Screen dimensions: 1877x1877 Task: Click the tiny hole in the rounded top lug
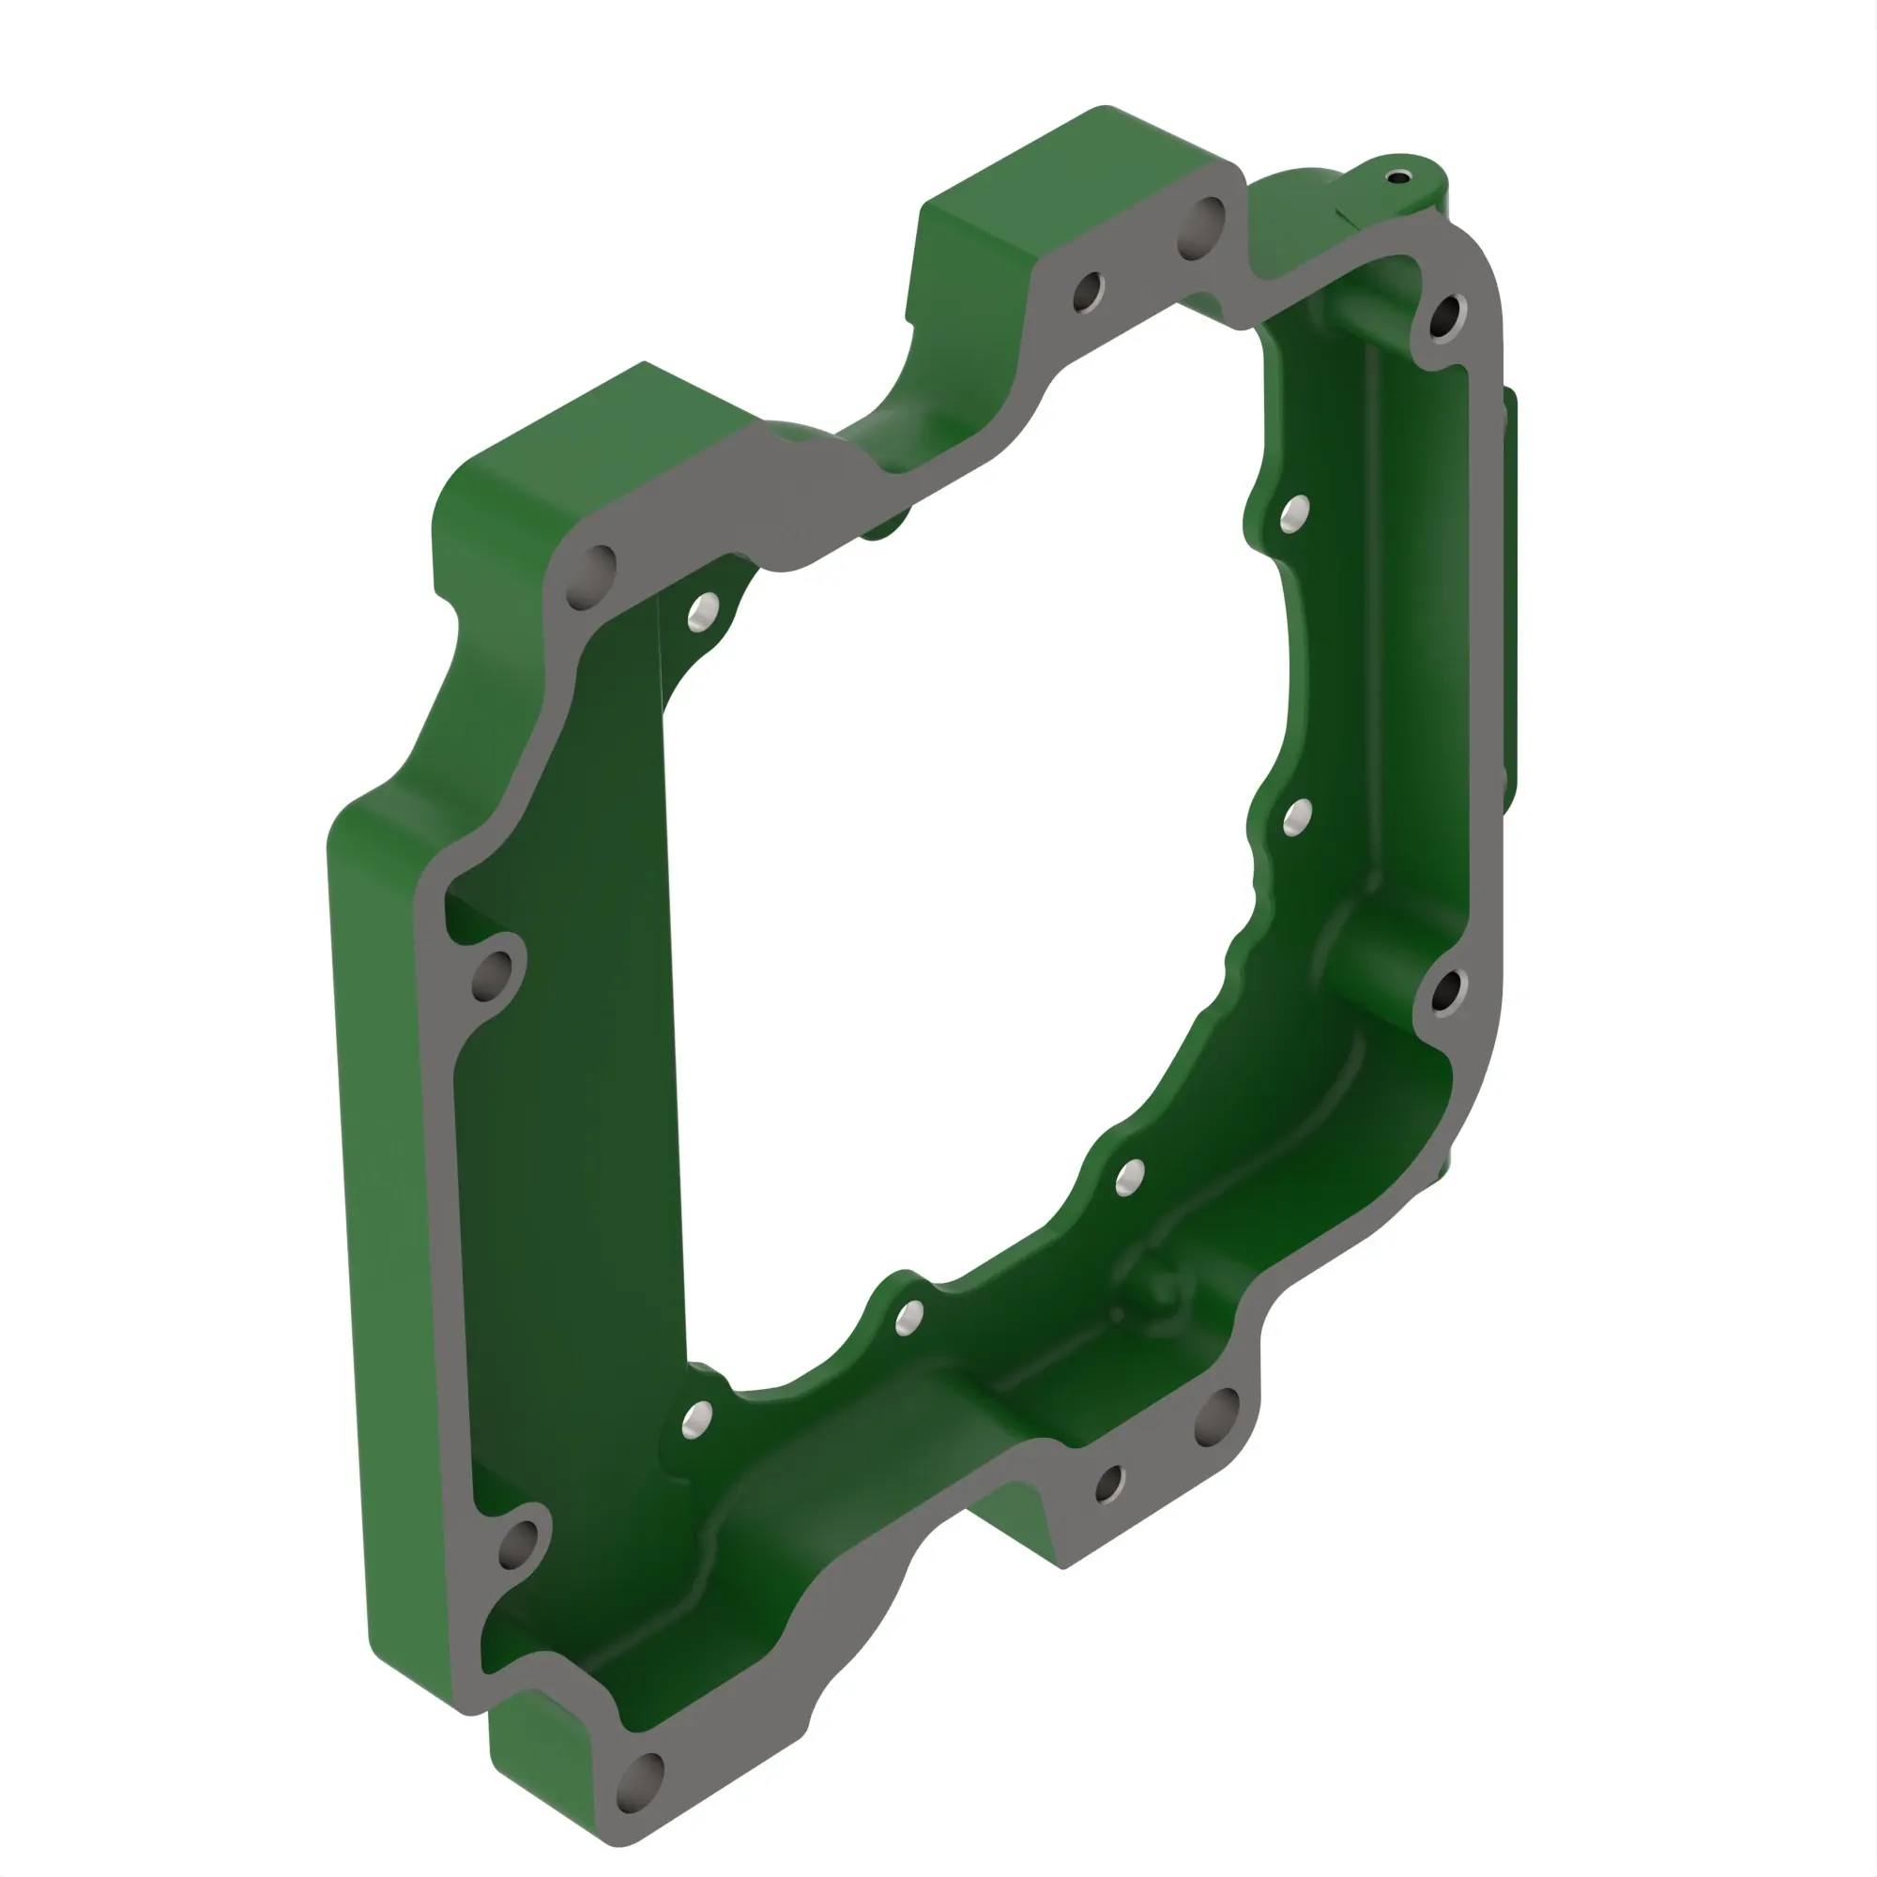tap(1397, 177)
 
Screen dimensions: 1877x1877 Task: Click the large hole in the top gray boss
tap(1205, 226)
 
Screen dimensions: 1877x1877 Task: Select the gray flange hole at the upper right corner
tap(1446, 315)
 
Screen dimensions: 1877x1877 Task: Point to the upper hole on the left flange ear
tap(493, 975)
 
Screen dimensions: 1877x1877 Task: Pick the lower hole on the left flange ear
tap(518, 1544)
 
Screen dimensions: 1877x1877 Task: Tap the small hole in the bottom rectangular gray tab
tap(1109, 1483)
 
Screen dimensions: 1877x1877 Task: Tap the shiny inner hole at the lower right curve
tap(1129, 1179)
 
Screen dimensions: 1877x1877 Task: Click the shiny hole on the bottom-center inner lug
tap(908, 1319)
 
